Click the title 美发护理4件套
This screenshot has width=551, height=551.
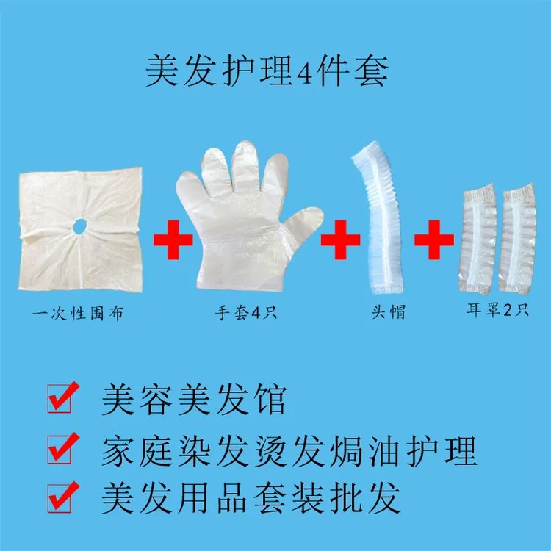point(267,71)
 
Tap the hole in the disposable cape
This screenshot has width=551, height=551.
point(80,225)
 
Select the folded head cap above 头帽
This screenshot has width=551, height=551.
point(378,217)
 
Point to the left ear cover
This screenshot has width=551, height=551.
point(478,239)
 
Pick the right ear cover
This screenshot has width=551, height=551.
point(517,239)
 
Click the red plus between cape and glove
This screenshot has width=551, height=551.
point(173,240)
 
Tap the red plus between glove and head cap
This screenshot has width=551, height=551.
point(340,240)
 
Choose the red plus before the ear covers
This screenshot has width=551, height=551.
point(434,240)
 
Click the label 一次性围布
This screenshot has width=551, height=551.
point(78,313)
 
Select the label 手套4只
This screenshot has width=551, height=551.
point(246,312)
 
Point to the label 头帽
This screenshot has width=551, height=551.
point(389,311)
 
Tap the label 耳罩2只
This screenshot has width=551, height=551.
point(497,310)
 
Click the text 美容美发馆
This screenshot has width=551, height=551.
point(193,400)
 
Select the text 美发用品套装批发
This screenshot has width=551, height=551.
point(251,498)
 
